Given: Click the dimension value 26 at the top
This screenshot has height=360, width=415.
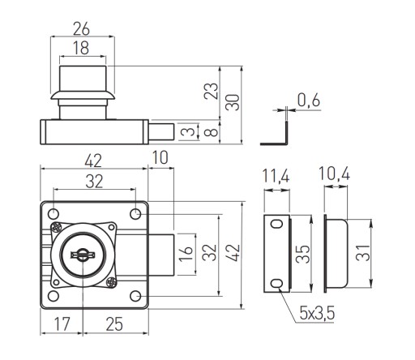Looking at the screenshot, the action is pyautogui.click(x=81, y=29).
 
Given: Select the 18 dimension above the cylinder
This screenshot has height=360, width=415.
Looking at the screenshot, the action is pyautogui.click(x=81, y=48).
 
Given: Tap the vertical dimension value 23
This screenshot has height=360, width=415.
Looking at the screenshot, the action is pyautogui.click(x=211, y=91).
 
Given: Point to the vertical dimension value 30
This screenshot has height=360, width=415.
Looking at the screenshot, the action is pyautogui.click(x=233, y=102).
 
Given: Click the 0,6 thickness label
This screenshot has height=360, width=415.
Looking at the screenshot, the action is pyautogui.click(x=309, y=100).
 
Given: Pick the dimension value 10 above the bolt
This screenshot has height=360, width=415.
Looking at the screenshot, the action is pyautogui.click(x=160, y=157).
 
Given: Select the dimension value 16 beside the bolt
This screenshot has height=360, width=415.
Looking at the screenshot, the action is pyautogui.click(x=186, y=253).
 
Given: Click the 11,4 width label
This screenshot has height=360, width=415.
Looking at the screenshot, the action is pyautogui.click(x=276, y=177).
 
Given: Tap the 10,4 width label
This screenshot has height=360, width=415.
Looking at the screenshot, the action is pyautogui.click(x=335, y=174).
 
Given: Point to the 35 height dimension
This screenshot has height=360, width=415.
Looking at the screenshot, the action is pyautogui.click(x=303, y=254).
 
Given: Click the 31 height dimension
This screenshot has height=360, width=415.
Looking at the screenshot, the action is pyautogui.click(x=363, y=253).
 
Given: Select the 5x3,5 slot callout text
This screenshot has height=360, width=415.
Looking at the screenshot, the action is pyautogui.click(x=317, y=313).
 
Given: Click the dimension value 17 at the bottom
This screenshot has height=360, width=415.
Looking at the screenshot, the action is pyautogui.click(x=62, y=324).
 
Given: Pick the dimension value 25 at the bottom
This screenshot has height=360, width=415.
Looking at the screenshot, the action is pyautogui.click(x=114, y=324).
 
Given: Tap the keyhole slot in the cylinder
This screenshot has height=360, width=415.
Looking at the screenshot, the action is pyautogui.click(x=83, y=255).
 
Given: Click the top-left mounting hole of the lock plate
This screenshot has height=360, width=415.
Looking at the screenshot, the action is pyautogui.click(x=53, y=214).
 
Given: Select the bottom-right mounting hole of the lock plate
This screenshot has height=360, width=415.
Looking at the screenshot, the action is pyautogui.click(x=135, y=296).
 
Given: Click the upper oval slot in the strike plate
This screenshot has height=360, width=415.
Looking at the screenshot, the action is pyautogui.click(x=277, y=224).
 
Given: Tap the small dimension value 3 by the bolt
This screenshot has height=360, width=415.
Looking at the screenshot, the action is pyautogui.click(x=190, y=131).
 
